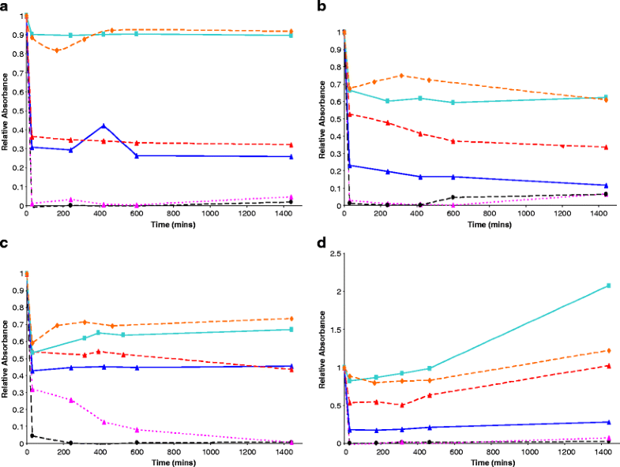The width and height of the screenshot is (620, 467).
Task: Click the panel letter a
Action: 4,7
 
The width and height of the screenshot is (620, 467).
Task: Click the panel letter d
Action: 321,242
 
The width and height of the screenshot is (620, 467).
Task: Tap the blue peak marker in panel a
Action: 103,126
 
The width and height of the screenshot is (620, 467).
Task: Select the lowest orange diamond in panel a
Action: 57,50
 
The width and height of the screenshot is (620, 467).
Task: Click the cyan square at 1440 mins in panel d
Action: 608,286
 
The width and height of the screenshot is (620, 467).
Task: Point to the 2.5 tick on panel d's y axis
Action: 336,254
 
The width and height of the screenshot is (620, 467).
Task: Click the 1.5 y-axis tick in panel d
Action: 336,330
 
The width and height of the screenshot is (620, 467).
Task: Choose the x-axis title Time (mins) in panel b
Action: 490,224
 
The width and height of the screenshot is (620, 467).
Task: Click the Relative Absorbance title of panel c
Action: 5,359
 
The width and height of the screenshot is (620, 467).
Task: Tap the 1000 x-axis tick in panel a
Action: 210,213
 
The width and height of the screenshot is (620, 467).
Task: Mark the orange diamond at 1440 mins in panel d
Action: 608,350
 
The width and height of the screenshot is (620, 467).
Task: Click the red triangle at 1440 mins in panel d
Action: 608,366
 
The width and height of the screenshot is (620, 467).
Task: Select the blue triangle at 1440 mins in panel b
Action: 606,185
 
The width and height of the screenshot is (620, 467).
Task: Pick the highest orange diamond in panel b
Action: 401,76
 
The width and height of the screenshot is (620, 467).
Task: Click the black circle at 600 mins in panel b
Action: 453,197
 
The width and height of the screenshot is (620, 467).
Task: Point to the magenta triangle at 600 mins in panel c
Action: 137,429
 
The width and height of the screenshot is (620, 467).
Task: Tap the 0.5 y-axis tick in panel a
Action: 19,111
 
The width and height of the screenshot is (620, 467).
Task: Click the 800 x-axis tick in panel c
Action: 174,452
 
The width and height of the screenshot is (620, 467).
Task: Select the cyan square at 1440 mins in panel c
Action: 291,329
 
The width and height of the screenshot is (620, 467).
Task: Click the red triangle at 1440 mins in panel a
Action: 291,145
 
